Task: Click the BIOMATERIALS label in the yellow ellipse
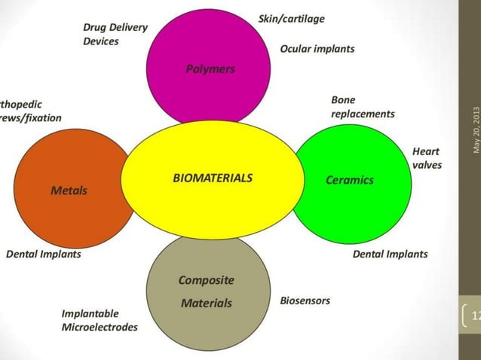[213, 178]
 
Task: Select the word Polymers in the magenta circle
[210, 69]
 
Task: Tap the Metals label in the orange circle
[69, 191]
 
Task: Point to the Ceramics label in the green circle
[349, 180]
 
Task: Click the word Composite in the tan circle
[206, 280]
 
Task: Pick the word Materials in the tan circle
[206, 304]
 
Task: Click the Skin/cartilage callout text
[291, 18]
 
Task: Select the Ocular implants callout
[317, 48]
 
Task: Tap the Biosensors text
[305, 301]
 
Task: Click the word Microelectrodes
[100, 327]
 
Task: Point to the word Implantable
[90, 313]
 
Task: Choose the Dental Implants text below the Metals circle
[44, 254]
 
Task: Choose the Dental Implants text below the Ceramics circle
[390, 254]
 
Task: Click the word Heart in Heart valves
[426, 151]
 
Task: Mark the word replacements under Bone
[363, 114]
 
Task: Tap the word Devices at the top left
[101, 41]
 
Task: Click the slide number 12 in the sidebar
[474, 316]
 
